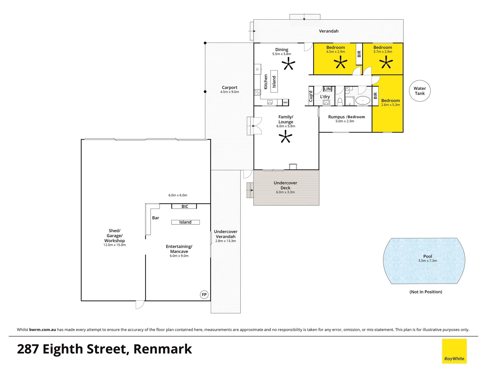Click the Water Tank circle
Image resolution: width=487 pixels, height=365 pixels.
(x=420, y=91)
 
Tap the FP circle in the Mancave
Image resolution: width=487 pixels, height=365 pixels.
(x=204, y=295)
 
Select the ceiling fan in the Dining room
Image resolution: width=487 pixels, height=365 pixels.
(x=288, y=63)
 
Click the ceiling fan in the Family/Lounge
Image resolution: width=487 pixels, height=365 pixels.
(x=285, y=137)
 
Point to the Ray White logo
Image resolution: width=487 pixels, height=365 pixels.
(x=454, y=351)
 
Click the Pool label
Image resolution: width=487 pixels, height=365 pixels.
(x=427, y=256)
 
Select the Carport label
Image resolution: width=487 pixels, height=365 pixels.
(x=229, y=88)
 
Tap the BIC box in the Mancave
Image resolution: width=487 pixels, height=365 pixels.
(x=184, y=206)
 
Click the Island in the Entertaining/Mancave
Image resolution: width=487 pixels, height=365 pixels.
(x=185, y=222)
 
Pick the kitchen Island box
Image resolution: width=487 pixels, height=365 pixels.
(x=274, y=81)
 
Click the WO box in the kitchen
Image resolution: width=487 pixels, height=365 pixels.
(x=285, y=102)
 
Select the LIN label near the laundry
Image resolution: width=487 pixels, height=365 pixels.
(x=327, y=89)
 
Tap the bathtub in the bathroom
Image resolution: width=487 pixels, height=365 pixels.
(x=363, y=101)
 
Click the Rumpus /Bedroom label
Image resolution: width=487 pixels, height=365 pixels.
(x=346, y=117)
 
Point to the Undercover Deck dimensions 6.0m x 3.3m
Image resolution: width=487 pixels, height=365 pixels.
(x=285, y=192)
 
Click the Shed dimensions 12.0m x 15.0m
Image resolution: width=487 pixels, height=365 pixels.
(x=114, y=245)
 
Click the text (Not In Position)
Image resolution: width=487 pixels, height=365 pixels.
(x=425, y=292)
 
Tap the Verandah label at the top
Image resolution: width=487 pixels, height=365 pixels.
(x=328, y=31)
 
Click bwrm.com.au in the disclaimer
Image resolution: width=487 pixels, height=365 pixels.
(x=43, y=330)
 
